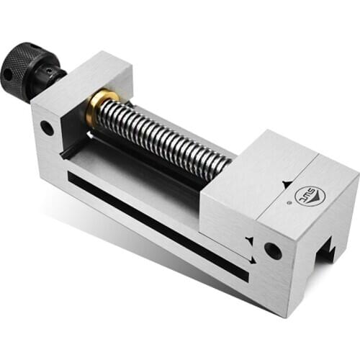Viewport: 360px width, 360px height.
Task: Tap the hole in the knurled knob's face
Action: [x=8, y=73]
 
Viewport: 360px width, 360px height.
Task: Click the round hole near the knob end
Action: [x=47, y=129]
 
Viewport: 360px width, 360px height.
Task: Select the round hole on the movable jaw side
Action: [x=272, y=251]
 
